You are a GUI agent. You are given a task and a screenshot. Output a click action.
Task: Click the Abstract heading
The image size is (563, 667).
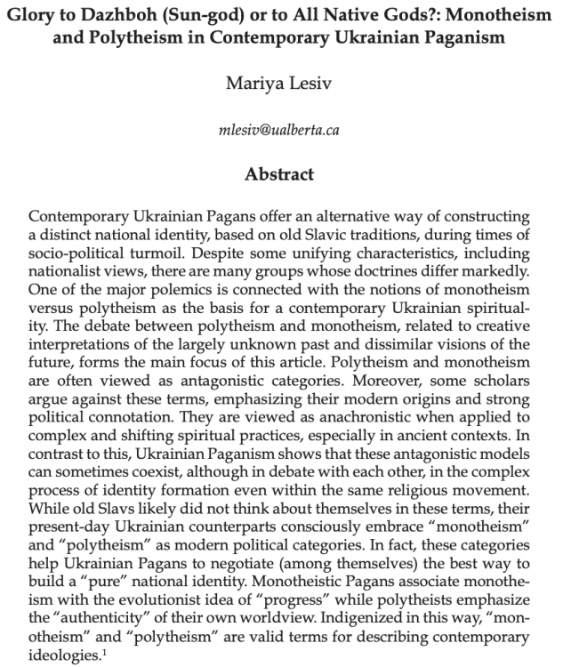[281, 174]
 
